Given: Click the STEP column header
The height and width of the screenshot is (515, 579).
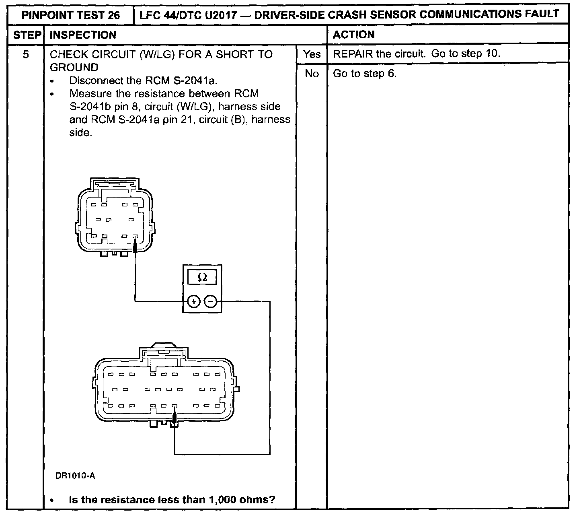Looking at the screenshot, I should point(26,35).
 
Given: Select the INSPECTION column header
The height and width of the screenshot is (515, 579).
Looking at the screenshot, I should point(83,35).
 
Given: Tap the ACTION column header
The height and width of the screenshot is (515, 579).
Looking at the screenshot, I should point(354,35).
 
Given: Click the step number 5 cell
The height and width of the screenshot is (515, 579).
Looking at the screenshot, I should point(26,54).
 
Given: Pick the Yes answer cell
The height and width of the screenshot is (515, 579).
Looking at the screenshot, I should point(312,54).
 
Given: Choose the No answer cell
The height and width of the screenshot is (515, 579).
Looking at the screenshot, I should point(312,74).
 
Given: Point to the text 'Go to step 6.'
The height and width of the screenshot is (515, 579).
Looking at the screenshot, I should point(365,74).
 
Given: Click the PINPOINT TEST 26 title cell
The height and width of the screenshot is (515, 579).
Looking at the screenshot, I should point(70,15).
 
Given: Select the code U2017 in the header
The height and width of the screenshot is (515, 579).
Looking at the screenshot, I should point(227,14).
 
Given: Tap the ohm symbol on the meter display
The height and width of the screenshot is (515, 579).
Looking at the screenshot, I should point(203,277).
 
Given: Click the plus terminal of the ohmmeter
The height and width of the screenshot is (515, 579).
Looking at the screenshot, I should point(193,301).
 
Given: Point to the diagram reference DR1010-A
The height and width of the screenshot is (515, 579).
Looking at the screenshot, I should point(75,476).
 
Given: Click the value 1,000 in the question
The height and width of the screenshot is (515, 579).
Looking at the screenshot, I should point(224,500).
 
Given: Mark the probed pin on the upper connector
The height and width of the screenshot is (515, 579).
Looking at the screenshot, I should point(135,237).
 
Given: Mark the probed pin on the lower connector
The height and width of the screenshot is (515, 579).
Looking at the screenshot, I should point(174,406).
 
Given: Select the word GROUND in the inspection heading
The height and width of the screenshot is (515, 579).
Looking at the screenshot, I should point(74,67).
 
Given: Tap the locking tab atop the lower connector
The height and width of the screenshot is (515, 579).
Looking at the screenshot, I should point(163,347).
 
